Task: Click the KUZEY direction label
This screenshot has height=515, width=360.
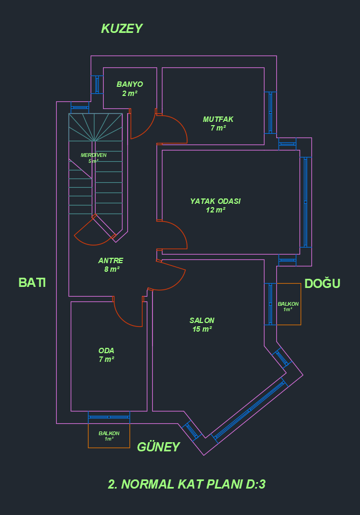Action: (x=121, y=29)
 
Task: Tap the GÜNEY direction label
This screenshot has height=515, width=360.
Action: (x=158, y=447)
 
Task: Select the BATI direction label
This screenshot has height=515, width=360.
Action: (x=32, y=283)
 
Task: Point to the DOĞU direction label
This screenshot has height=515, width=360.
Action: (x=322, y=284)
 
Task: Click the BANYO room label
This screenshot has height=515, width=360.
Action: (x=130, y=85)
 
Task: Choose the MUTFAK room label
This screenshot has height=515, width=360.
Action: (x=218, y=119)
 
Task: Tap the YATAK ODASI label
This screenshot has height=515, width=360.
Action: (x=215, y=201)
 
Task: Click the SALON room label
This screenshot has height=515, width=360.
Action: (x=202, y=320)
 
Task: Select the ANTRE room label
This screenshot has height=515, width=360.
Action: (x=111, y=260)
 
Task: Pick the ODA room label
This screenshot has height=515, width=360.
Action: (x=106, y=351)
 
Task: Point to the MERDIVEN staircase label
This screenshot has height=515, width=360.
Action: (x=93, y=155)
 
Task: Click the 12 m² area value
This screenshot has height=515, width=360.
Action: (x=215, y=210)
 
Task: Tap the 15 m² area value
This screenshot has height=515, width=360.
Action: (x=202, y=329)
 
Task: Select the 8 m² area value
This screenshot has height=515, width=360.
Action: (x=112, y=269)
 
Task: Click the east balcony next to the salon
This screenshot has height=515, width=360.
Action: (x=288, y=304)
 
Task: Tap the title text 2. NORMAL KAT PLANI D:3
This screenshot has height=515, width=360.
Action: (x=187, y=484)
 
